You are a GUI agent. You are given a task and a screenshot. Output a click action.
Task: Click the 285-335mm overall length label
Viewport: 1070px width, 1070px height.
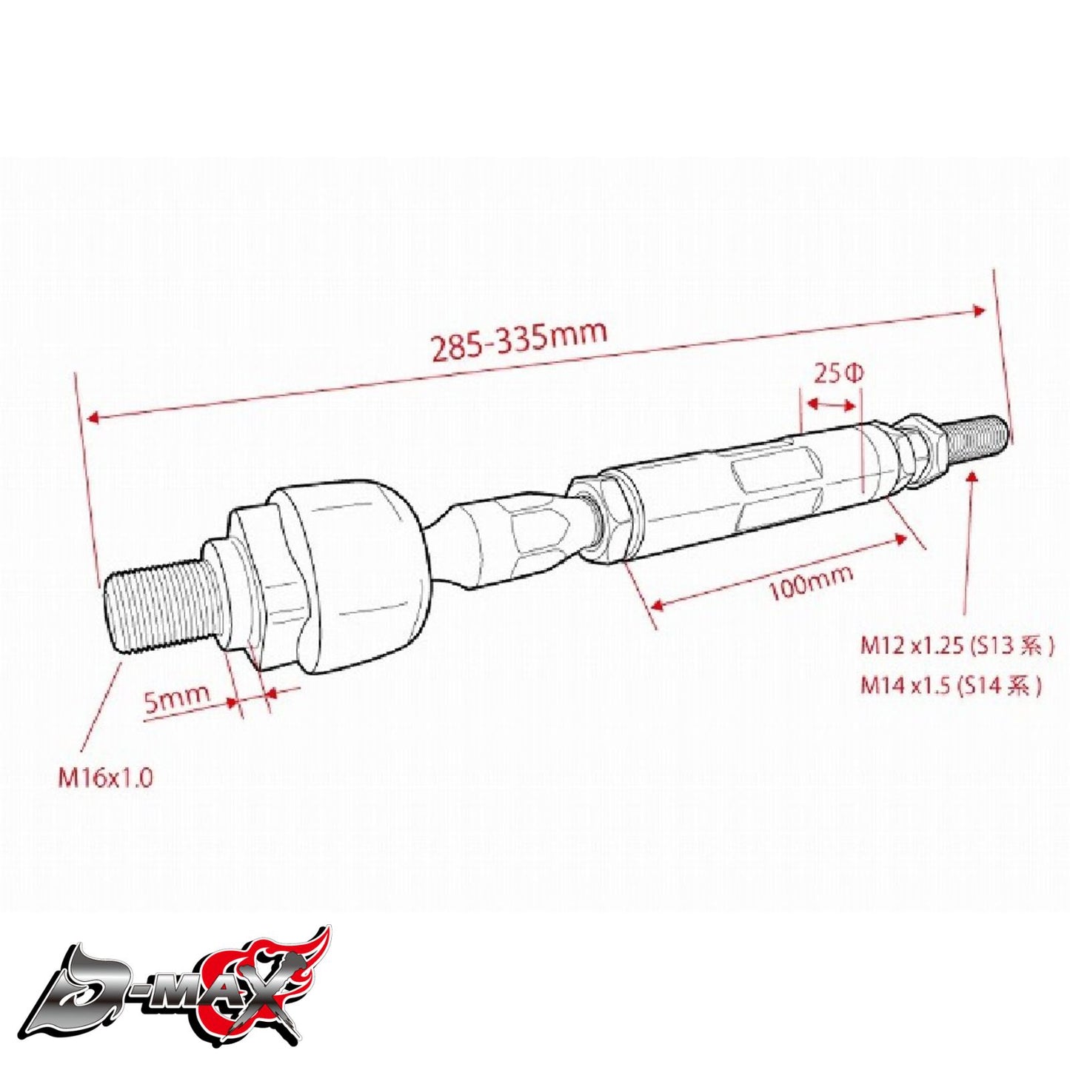(x=518, y=340)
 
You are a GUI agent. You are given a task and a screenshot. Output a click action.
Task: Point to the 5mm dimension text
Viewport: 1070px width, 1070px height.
(x=177, y=698)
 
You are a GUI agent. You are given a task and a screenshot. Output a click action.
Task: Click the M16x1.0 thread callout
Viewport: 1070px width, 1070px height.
(x=106, y=778)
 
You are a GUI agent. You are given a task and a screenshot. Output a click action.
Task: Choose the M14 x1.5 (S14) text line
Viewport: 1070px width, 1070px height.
(x=951, y=686)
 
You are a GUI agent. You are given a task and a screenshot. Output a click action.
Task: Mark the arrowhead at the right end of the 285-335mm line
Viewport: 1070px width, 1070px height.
(x=980, y=311)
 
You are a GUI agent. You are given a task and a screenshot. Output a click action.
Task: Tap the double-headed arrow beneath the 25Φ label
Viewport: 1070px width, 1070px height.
(x=830, y=404)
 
